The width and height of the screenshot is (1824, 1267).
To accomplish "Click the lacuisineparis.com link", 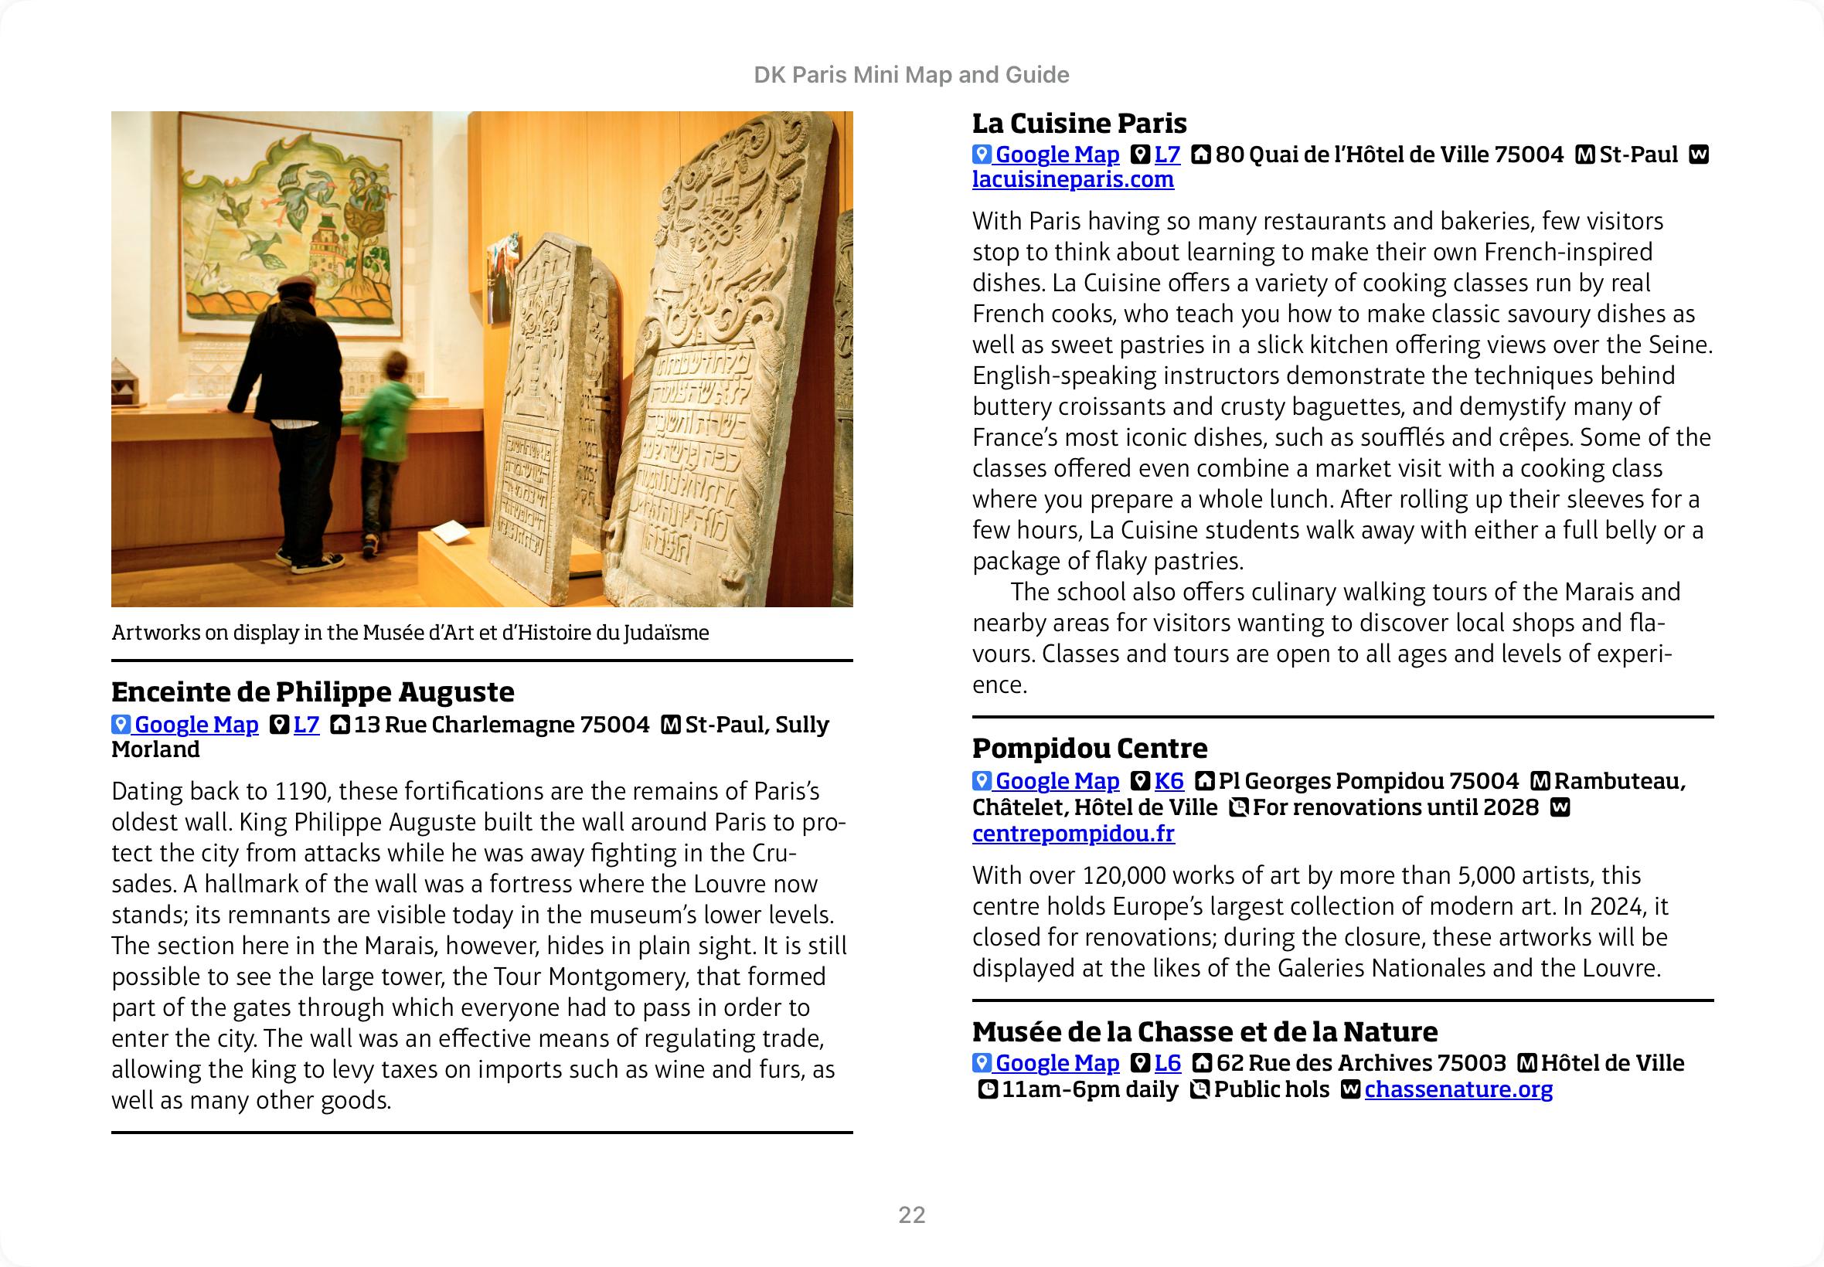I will tap(1073, 180).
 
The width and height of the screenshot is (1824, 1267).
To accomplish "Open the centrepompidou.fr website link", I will tap(1073, 834).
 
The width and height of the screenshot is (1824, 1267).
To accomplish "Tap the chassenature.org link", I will tap(1458, 1089).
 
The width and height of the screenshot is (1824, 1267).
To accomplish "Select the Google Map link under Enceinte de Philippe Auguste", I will tap(196, 725).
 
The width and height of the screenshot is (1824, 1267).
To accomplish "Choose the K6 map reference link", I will tap(1169, 781).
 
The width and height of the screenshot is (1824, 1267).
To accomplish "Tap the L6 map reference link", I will tap(1167, 1063).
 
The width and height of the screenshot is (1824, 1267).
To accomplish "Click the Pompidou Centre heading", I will tap(1090, 748).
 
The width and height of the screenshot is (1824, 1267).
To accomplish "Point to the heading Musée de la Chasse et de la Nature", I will tap(1204, 1031).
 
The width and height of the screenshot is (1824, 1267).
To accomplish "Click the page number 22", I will tap(911, 1215).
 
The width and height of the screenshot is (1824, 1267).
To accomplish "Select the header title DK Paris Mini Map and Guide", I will tap(910, 75).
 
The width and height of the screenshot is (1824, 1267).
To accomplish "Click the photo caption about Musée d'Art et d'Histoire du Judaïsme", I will tap(410, 633).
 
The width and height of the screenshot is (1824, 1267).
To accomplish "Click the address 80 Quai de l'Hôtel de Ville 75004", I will tap(1389, 155).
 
